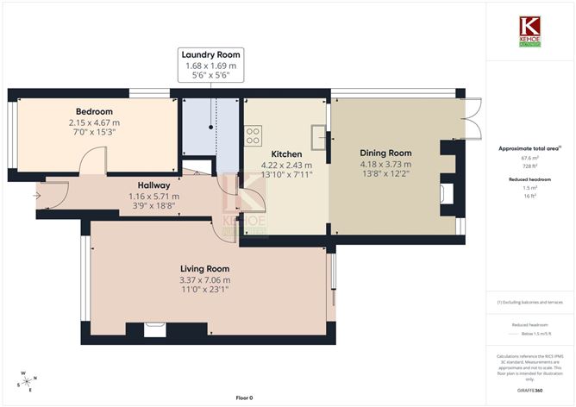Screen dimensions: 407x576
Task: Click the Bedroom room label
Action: click(94, 111)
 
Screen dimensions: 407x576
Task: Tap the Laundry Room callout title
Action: click(211, 54)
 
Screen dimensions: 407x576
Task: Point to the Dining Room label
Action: click(385, 153)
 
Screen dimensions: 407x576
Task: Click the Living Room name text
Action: click(204, 268)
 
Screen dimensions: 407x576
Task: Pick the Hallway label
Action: click(154, 185)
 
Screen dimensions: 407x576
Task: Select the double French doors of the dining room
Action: click(473, 117)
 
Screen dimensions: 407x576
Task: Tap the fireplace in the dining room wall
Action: click(445, 191)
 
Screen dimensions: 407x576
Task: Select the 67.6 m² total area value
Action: click(530, 158)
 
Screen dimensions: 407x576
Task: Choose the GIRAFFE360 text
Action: click(530, 390)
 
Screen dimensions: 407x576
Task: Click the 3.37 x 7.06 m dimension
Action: click(204, 279)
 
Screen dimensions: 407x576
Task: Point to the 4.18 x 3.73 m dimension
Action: click(385, 165)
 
